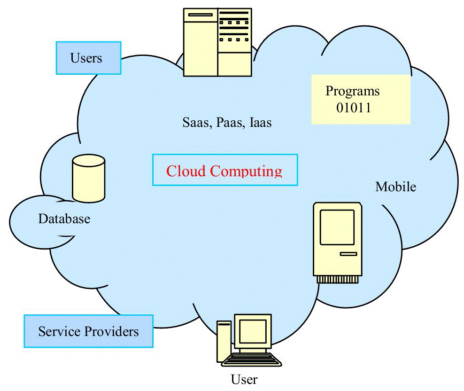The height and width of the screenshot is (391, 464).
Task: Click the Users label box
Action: click(88, 58)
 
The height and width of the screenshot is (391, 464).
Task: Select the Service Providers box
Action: click(88, 331)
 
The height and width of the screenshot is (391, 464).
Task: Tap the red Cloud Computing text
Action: click(224, 170)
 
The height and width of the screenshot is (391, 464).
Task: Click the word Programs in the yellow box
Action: click(352, 91)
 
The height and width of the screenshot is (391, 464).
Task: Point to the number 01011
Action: click(354, 108)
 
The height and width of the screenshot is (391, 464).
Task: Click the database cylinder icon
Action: click(88, 178)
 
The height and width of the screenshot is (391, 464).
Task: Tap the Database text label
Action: click(64, 219)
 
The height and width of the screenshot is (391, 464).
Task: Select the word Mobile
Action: click(395, 187)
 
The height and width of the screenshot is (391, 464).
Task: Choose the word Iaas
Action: click(260, 123)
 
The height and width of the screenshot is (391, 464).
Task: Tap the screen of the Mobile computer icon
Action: click(337, 227)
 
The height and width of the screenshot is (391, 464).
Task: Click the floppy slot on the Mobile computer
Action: click(348, 254)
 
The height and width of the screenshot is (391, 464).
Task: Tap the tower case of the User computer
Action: click(224, 342)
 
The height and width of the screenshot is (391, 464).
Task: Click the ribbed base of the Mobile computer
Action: click(338, 279)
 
